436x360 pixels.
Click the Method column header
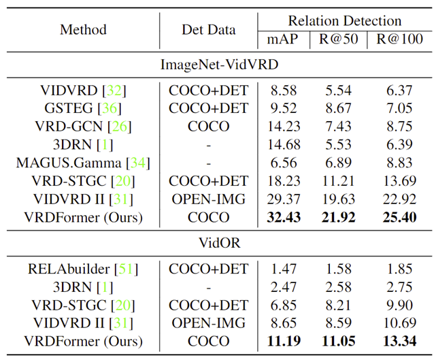pyautogui.click(x=83, y=30)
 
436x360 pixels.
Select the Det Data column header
pyautogui.click(x=208, y=30)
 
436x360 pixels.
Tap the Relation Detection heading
pyautogui.click(x=345, y=21)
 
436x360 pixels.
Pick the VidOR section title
pyautogui.click(x=218, y=242)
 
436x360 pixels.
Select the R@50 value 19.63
pyautogui.click(x=338, y=199)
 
